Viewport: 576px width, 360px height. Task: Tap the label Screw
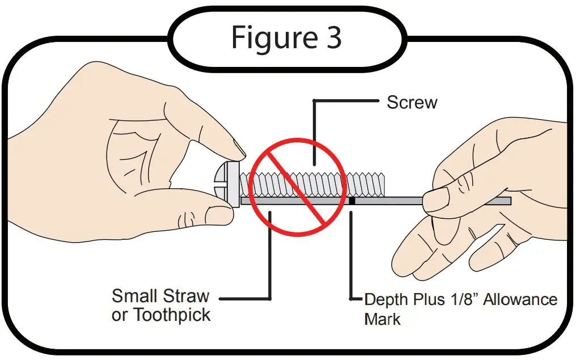[412, 103]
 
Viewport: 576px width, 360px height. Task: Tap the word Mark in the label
[382, 319]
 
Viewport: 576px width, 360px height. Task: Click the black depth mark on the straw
[352, 200]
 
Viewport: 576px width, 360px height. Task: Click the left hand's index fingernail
[240, 150]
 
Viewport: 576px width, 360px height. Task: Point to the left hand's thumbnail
[219, 215]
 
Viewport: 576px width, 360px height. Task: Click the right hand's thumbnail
[435, 199]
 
